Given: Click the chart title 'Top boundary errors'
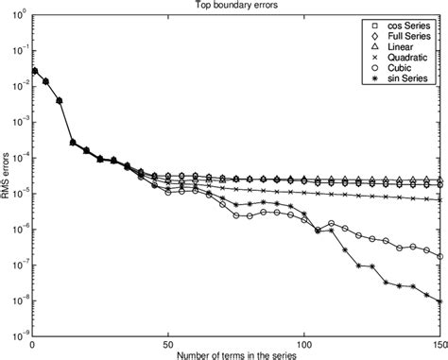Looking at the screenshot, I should (234, 6).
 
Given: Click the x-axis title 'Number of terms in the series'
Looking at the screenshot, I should (234, 353).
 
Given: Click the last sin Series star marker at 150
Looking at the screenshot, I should (440, 301).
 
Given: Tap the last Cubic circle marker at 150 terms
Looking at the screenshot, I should (440, 256).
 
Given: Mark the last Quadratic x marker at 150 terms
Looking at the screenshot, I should (440, 199).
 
